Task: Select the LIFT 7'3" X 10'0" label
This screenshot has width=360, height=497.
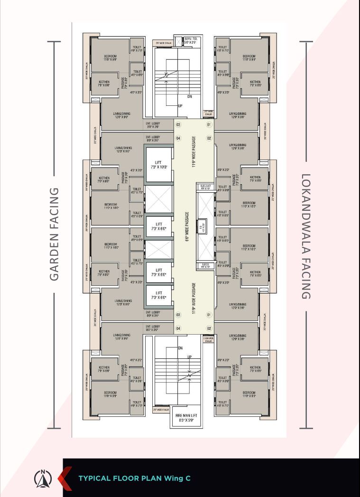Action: pyautogui.click(x=158, y=165)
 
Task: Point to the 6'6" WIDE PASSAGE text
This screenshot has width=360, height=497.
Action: pyautogui.click(x=187, y=227)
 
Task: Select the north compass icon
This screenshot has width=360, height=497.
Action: pyautogui.click(x=43, y=478)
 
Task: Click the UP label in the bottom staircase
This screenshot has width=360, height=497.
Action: pyautogui.click(x=190, y=356)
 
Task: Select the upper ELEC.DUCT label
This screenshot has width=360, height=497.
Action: pyautogui.click(x=205, y=187)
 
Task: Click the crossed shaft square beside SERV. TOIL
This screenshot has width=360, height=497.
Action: pyautogui.click(x=178, y=41)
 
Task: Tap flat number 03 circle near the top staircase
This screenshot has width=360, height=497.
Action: pyautogui.click(x=178, y=125)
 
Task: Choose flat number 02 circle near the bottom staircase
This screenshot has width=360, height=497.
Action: pyautogui.click(x=208, y=328)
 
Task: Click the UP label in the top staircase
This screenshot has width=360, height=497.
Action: pyautogui.click(x=180, y=106)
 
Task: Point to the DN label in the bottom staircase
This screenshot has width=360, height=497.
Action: pyautogui.click(x=180, y=348)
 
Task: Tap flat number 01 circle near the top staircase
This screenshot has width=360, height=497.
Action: pyautogui.click(x=208, y=125)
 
